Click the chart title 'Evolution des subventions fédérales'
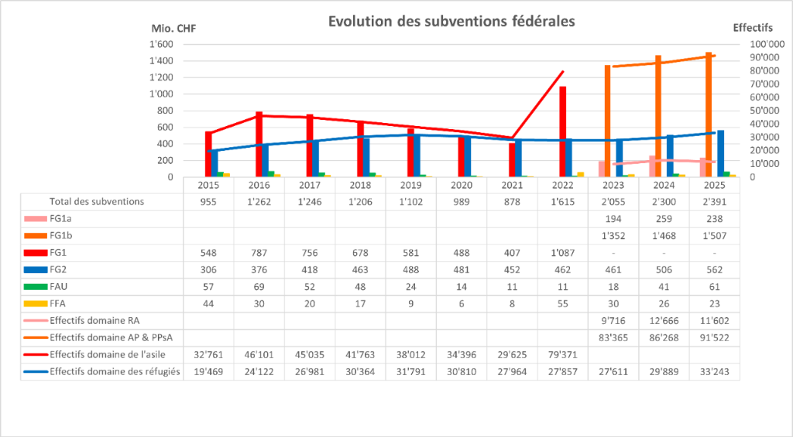point(451,22)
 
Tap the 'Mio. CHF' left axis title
point(176,28)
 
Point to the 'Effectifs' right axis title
point(752,28)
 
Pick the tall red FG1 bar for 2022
point(563,131)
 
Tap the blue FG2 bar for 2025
point(720,153)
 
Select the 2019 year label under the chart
point(410,186)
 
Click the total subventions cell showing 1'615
point(563,202)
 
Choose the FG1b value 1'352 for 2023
point(613,235)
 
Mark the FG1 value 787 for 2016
point(259,252)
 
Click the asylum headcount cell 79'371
point(563,354)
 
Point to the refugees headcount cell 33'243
point(715,371)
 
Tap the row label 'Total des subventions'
point(97,202)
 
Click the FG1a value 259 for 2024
point(664,219)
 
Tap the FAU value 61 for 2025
point(715,286)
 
